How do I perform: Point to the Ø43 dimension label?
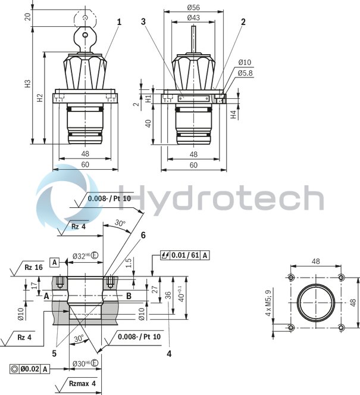pos(193,18)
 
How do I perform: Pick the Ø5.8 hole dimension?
pos(246,73)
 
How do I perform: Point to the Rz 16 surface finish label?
pos(33,268)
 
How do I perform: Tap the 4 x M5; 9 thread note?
pos(268,302)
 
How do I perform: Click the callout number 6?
pos(143,235)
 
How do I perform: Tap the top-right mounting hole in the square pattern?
pos(342,278)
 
